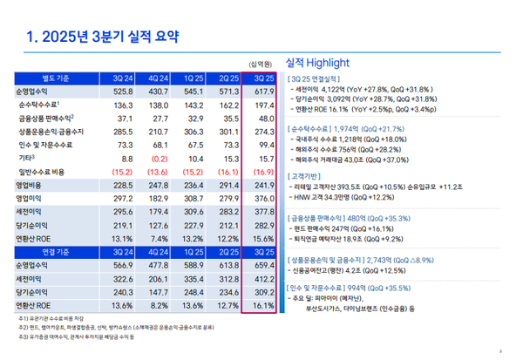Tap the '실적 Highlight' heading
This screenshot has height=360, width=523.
[x=317, y=63]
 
